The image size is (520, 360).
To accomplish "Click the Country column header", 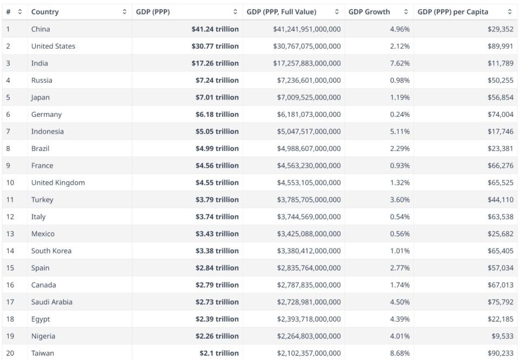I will click(45, 12).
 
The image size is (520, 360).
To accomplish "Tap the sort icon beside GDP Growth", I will click(406, 12).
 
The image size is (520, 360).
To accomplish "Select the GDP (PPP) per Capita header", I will click(453, 12).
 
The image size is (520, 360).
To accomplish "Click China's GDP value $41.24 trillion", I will click(215, 29).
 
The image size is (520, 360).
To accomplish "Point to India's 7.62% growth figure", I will click(400, 63).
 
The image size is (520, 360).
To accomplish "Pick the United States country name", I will click(53, 46).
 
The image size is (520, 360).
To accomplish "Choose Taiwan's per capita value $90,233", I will click(500, 353).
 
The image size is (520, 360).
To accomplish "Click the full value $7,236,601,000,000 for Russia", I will click(307, 80).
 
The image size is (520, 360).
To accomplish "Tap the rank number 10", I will click(10, 182).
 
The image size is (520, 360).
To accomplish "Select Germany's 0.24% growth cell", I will click(400, 114).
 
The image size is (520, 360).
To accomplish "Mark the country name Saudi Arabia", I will click(52, 302).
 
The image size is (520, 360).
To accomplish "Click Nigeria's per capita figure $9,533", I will click(502, 336).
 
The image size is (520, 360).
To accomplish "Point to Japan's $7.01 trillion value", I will click(217, 97).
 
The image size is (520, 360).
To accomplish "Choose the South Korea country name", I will click(51, 251).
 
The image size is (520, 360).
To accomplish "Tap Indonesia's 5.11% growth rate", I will click(400, 132).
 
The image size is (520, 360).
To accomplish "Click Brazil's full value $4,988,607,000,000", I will click(307, 148).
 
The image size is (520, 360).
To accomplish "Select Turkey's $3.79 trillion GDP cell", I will click(217, 200).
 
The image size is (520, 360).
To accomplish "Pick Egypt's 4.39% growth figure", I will click(400, 319).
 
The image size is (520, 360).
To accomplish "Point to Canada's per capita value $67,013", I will click(500, 285).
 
